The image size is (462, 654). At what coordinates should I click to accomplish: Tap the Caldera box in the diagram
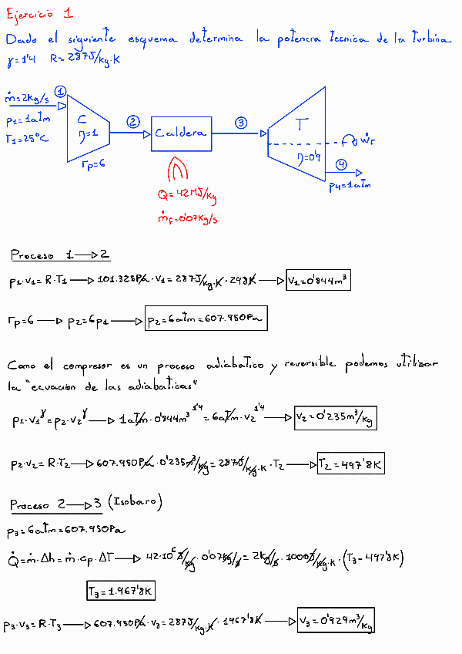181,133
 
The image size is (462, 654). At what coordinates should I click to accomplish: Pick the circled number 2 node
133,122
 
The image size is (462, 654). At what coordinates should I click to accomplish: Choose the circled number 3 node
241,122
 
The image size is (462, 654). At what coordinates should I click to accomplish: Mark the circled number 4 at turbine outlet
341,164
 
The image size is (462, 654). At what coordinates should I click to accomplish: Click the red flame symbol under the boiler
179,169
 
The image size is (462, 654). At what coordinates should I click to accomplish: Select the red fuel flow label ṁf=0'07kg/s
186,219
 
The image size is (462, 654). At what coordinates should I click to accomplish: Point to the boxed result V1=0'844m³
317,281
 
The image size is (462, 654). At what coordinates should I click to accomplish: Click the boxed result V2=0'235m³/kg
335,419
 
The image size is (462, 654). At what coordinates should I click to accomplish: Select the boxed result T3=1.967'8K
122,591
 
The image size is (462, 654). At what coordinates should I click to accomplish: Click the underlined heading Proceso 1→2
59,255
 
